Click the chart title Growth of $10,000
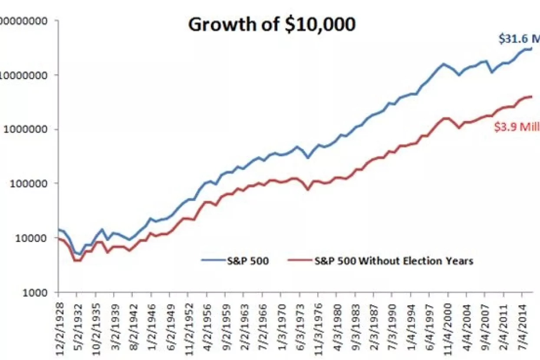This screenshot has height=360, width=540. [272, 25]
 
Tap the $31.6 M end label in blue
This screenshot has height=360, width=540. [518, 39]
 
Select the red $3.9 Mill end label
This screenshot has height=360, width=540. [517, 128]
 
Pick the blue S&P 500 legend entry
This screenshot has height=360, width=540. [237, 261]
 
